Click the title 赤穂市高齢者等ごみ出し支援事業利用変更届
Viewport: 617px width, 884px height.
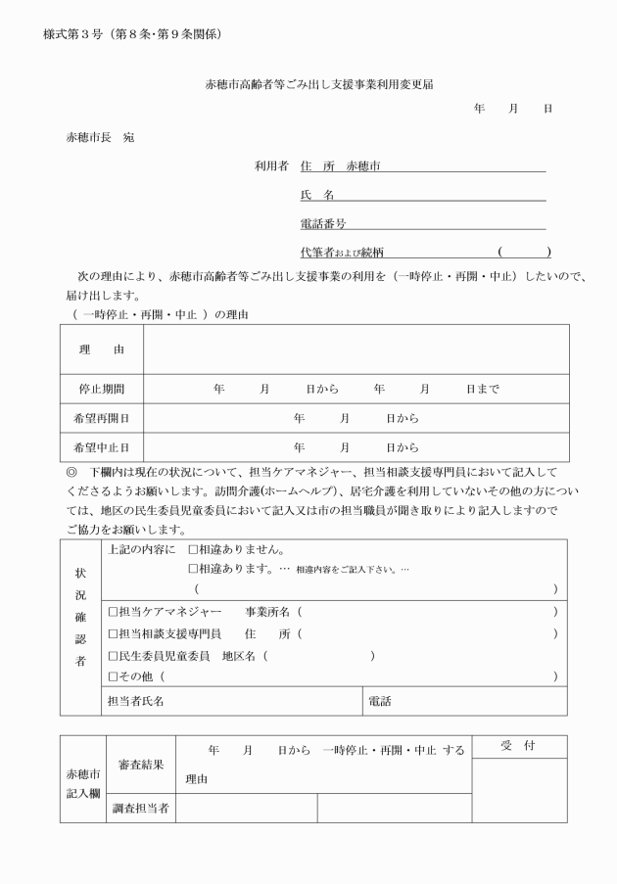coord(319,85)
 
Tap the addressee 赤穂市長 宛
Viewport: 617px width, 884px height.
coord(100,137)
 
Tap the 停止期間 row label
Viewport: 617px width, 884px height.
coord(102,389)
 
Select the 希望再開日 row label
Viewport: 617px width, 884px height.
coord(102,418)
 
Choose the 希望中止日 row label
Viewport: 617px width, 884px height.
coord(102,447)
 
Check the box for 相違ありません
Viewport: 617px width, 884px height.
coord(193,550)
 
